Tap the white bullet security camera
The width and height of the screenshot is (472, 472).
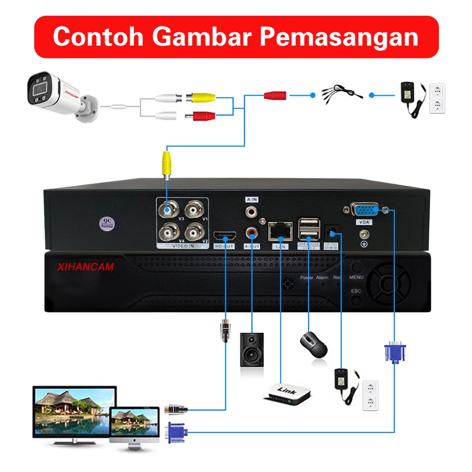(x=60, y=97)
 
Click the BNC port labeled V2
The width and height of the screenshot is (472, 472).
(x=196, y=231)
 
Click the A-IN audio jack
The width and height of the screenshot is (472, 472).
(x=252, y=212)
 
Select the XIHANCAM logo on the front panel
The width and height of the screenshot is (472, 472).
(x=86, y=267)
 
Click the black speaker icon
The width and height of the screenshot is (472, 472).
(x=252, y=349)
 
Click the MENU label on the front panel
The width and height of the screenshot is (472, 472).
(x=356, y=277)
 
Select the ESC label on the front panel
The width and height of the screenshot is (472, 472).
(x=356, y=291)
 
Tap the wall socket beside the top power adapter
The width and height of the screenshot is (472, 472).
(x=437, y=98)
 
